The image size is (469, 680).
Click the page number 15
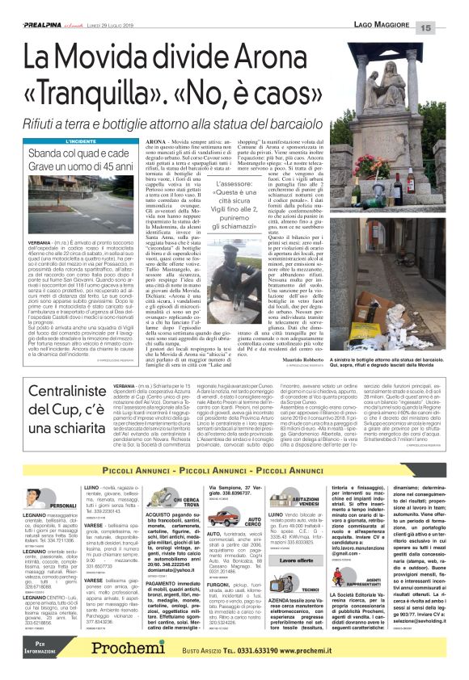click(449, 28)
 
